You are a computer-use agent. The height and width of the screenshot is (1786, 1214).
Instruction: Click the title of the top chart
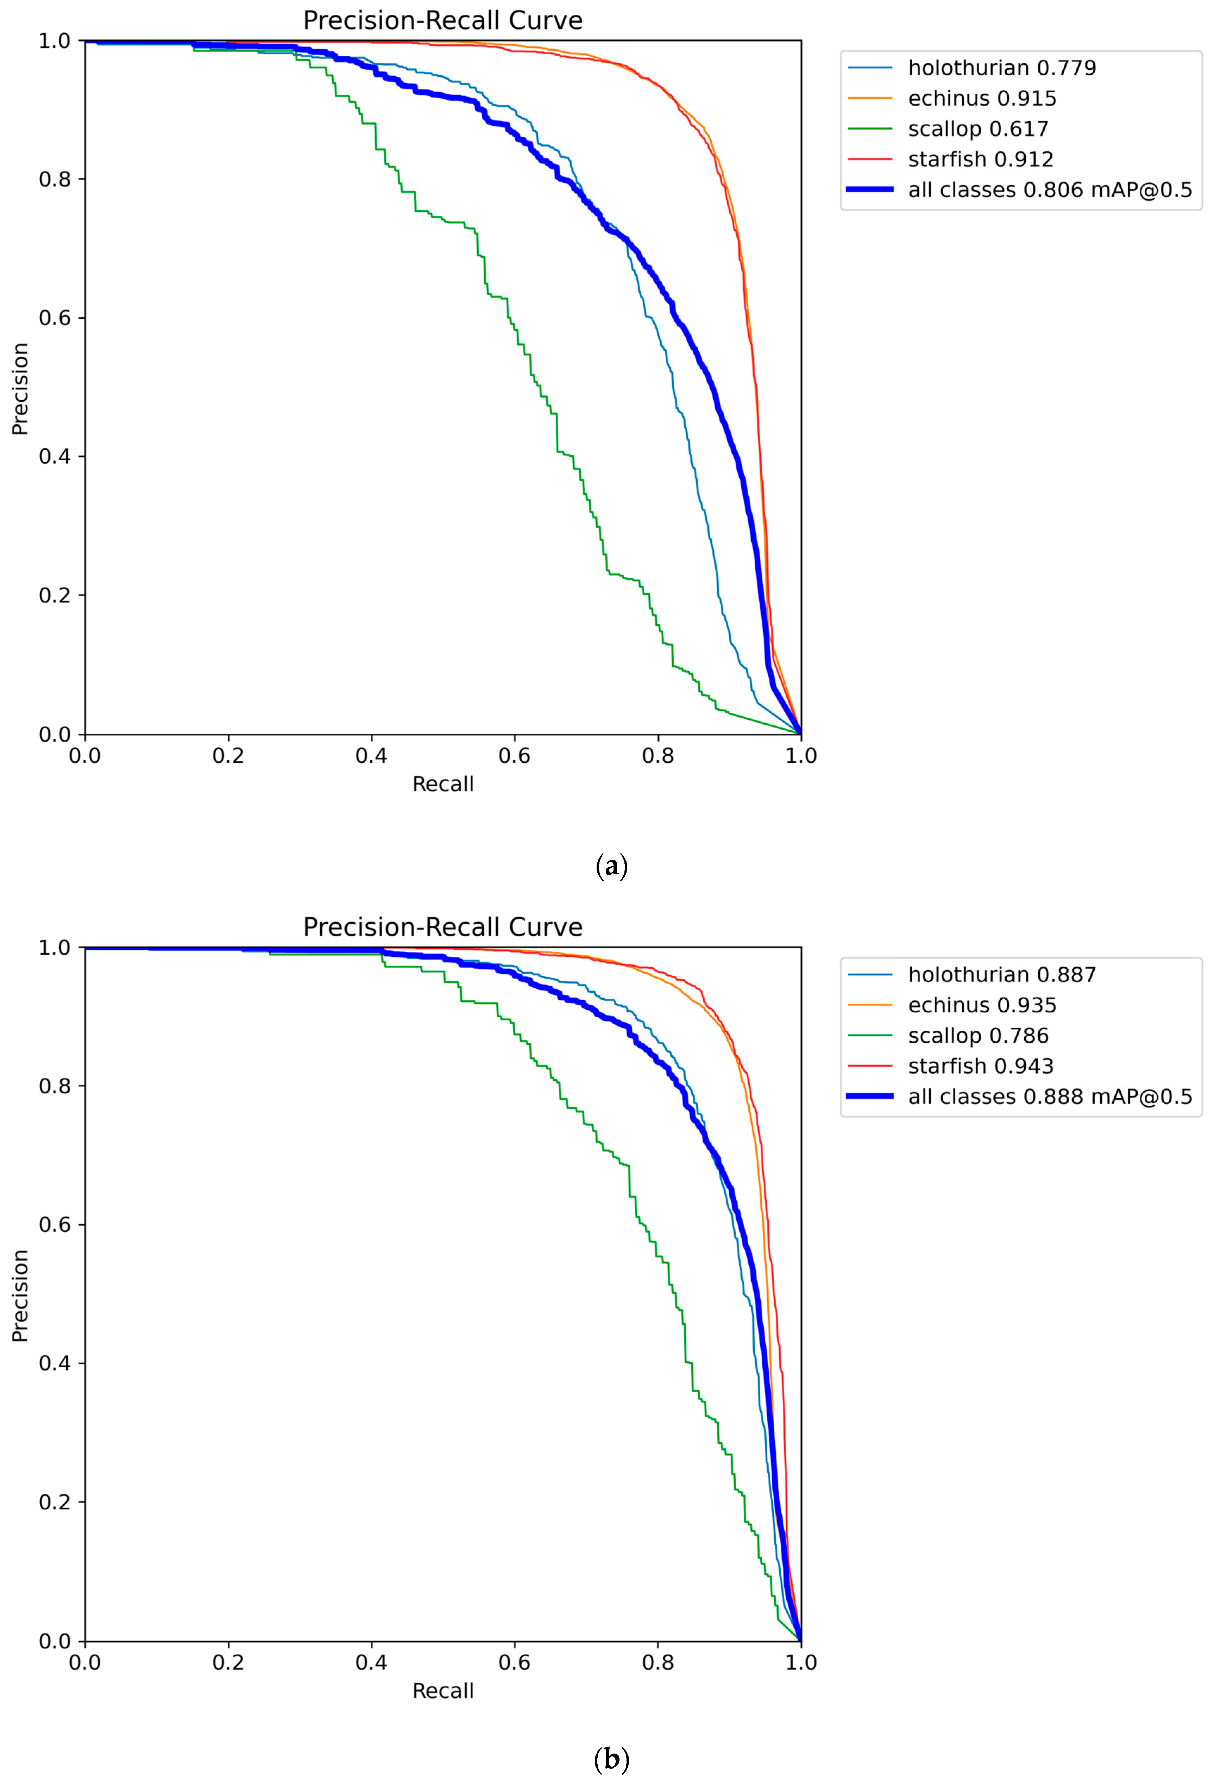pyautogui.click(x=442, y=21)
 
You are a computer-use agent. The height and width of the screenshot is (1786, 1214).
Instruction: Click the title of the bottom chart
pyautogui.click(x=442, y=928)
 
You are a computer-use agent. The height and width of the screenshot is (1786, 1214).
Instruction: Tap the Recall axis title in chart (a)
pyautogui.click(x=442, y=784)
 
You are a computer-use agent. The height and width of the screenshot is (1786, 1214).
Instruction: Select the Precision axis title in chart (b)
pyautogui.click(x=20, y=1296)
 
